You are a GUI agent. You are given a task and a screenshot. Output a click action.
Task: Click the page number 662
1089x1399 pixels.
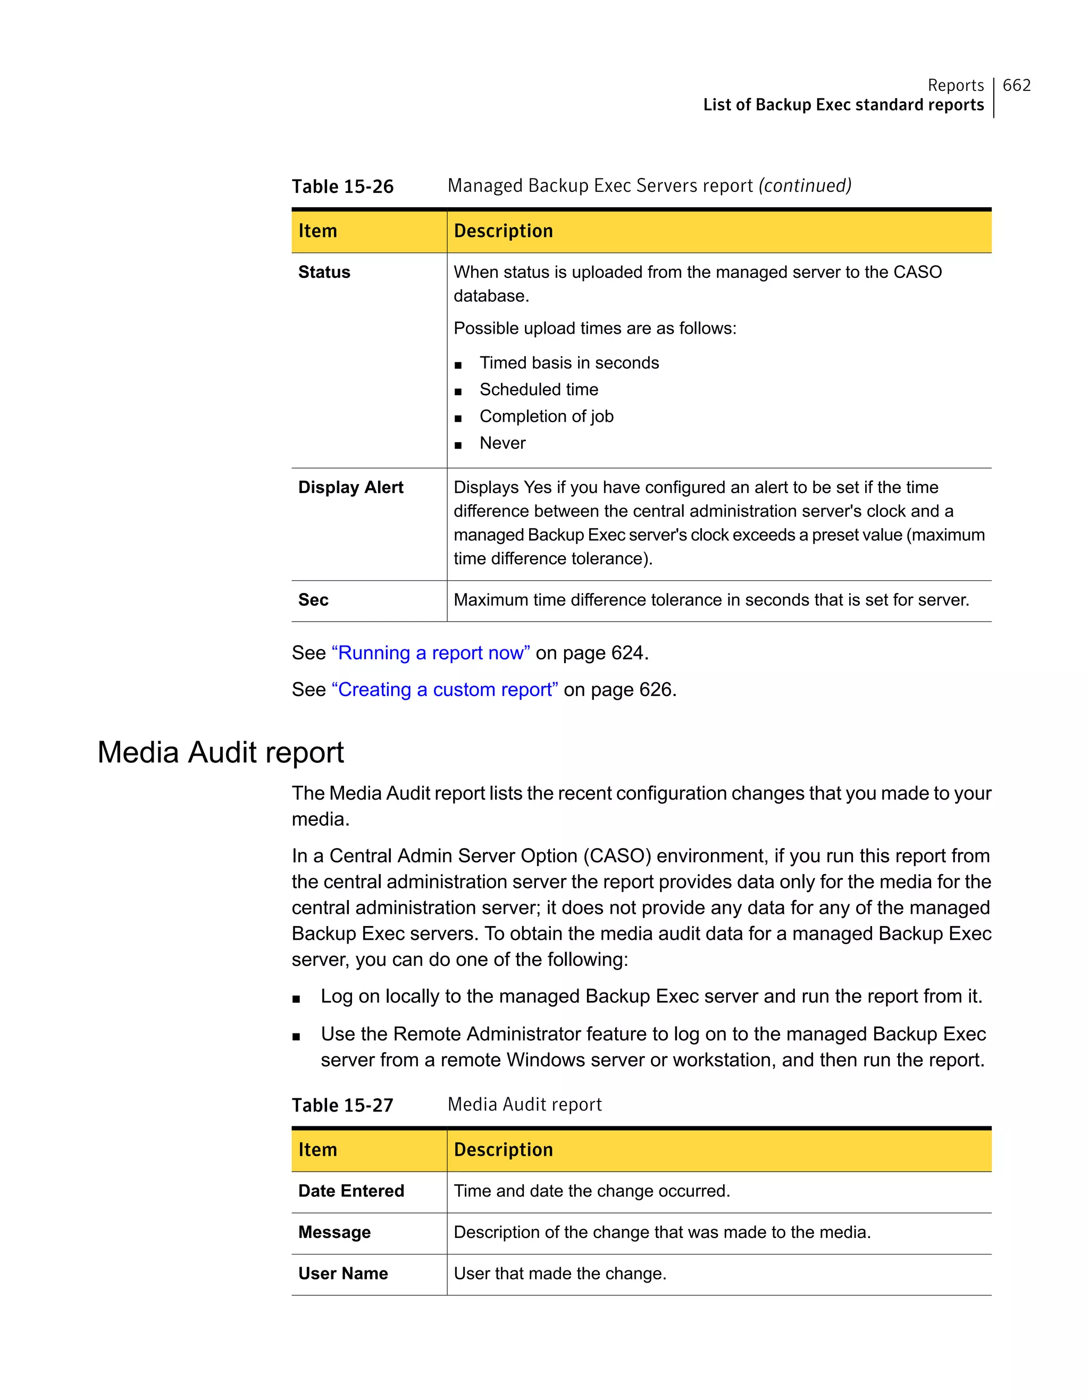pyautogui.click(x=1016, y=85)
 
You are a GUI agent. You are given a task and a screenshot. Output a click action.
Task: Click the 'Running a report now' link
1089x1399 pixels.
pyautogui.click(x=430, y=652)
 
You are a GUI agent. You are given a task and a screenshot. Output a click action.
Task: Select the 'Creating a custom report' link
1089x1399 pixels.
pyautogui.click(x=444, y=689)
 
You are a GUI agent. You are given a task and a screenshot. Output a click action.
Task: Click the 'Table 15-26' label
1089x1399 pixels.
pyautogui.click(x=342, y=186)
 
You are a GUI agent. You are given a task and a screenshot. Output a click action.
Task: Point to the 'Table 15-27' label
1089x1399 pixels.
pyautogui.click(x=342, y=1105)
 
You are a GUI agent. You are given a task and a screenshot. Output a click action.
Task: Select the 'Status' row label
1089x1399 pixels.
pyautogui.click(x=324, y=272)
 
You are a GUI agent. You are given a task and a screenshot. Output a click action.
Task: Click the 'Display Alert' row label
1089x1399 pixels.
pyautogui.click(x=350, y=487)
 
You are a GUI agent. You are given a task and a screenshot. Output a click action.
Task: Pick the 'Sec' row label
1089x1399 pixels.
pyautogui.click(x=313, y=600)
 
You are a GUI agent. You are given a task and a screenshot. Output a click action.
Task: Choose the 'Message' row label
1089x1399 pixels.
pyautogui.click(x=334, y=1233)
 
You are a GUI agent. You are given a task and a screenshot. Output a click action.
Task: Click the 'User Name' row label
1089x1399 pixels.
pyautogui.click(x=343, y=1274)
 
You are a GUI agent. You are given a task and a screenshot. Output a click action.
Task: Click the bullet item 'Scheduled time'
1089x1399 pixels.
pyautogui.click(x=539, y=389)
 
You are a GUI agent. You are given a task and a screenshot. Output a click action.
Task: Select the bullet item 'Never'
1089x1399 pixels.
pyautogui.click(x=502, y=443)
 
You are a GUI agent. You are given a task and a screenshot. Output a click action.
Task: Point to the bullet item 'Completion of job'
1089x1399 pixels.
pyautogui.click(x=546, y=417)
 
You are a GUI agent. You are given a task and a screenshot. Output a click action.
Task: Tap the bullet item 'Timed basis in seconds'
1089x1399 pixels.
pyautogui.click(x=568, y=362)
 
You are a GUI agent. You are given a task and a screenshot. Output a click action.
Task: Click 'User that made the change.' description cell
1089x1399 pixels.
pyautogui.click(x=559, y=1274)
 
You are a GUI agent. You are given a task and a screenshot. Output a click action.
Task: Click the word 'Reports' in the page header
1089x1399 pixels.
pyautogui.click(x=955, y=85)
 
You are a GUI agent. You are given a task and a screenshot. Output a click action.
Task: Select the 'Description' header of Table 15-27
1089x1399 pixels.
pyautogui.click(x=503, y=1150)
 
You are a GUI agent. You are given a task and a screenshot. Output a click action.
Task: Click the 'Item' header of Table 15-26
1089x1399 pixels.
pyautogui.click(x=317, y=231)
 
